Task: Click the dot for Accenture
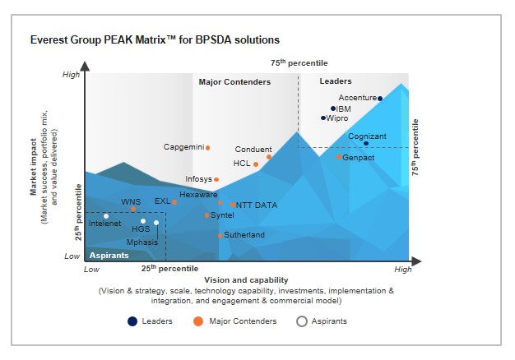tap(380, 99)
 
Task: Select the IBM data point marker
tap(333, 108)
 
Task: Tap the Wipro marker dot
tap(323, 118)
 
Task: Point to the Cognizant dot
tap(366, 144)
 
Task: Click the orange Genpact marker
tap(339, 157)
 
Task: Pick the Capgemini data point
tap(207, 148)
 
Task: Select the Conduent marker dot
tap(269, 156)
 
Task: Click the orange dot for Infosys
tap(216, 179)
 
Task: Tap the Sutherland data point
tap(220, 236)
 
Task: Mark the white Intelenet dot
tap(106, 216)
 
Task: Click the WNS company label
tap(131, 201)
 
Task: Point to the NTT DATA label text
tap(257, 205)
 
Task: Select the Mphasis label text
tap(142, 242)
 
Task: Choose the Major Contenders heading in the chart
tap(234, 81)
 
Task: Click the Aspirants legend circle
tap(302, 321)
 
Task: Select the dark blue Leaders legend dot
tap(132, 321)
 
